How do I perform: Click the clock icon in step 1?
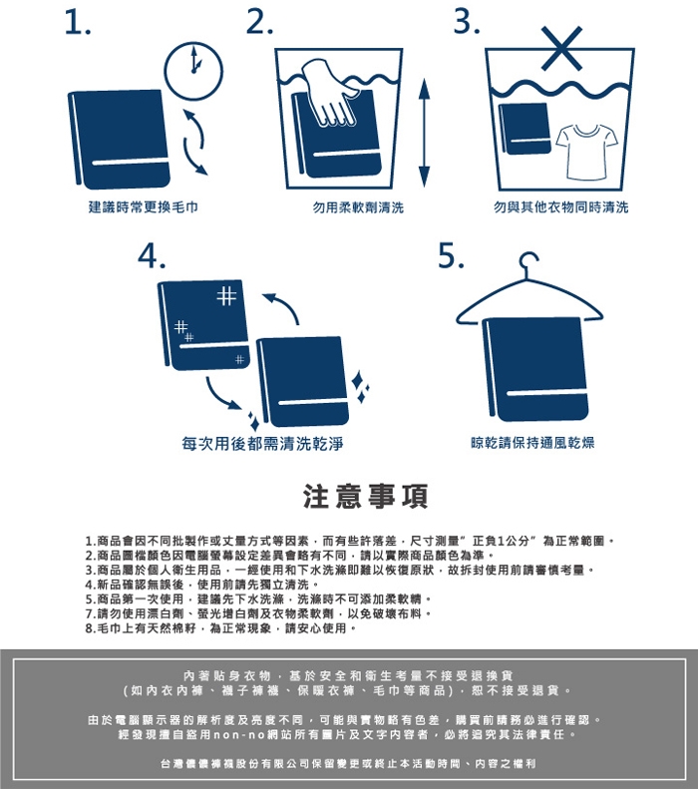pos(193,71)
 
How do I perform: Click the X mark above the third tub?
pos(562,48)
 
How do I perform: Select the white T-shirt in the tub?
pos(587,152)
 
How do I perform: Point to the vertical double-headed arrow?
pos(425,133)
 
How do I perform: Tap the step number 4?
pos(152,256)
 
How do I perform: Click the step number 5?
pos(451,255)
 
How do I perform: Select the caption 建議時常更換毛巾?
pos(144,206)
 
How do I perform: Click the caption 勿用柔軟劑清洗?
pos(358,207)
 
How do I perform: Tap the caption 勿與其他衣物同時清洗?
pos(560,206)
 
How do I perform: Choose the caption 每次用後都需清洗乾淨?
pos(262,443)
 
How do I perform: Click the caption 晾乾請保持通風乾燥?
pos(532,443)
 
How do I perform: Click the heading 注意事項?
pos(366,496)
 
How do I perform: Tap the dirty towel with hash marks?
pos(203,324)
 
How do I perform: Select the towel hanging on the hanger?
pos(535,369)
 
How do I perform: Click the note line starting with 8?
pos(220,628)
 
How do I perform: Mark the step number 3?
pos(467,23)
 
